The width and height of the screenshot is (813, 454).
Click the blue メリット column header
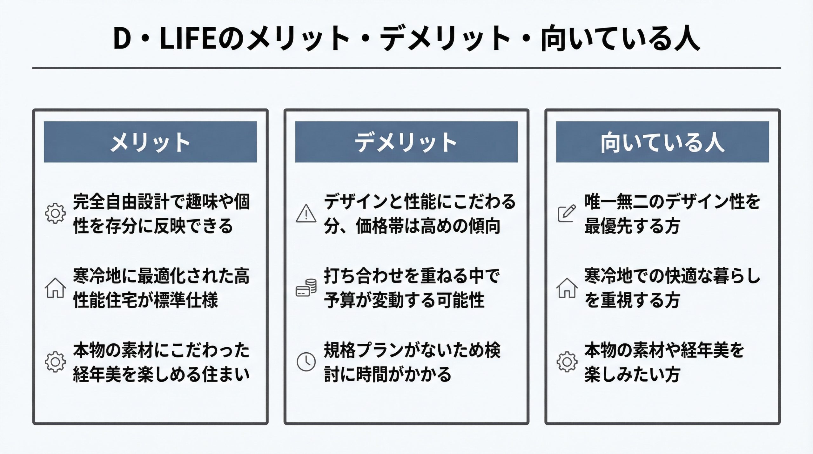(x=150, y=142)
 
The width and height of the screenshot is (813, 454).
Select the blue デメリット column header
(x=406, y=142)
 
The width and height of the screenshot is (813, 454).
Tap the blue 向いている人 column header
(x=662, y=142)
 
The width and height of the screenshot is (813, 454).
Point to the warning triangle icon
(x=306, y=213)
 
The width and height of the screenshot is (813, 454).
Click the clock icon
(x=306, y=362)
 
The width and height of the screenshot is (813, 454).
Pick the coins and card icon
(x=306, y=288)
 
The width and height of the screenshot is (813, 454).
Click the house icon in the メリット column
(x=56, y=288)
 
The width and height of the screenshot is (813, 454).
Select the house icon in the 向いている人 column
(x=567, y=288)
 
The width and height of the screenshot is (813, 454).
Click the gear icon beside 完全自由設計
(x=55, y=213)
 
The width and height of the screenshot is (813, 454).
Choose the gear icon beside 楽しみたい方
(x=567, y=362)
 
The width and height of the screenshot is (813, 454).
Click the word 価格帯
(x=380, y=226)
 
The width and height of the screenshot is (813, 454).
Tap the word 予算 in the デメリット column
(x=340, y=300)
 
